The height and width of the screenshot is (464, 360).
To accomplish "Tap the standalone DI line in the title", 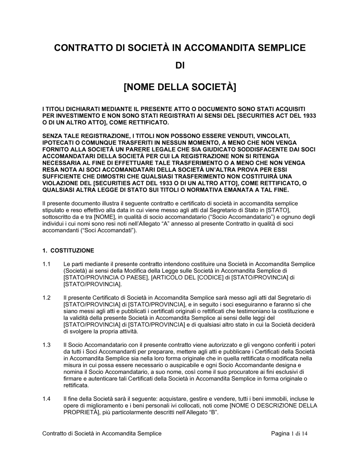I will [180, 66].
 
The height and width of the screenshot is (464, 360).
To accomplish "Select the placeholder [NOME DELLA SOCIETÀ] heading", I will [180, 87].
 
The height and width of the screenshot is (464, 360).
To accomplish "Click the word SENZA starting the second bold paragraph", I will [52, 136].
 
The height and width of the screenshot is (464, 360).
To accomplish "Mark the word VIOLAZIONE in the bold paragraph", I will [58, 183].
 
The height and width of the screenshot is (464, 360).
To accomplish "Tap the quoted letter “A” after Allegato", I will [169, 224].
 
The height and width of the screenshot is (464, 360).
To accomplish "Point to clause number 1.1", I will [46, 264].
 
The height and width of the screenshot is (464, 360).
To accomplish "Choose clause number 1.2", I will [46, 297].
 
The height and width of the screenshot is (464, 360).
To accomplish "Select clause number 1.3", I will [46, 345].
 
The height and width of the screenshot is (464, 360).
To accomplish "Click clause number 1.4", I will [46, 399].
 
